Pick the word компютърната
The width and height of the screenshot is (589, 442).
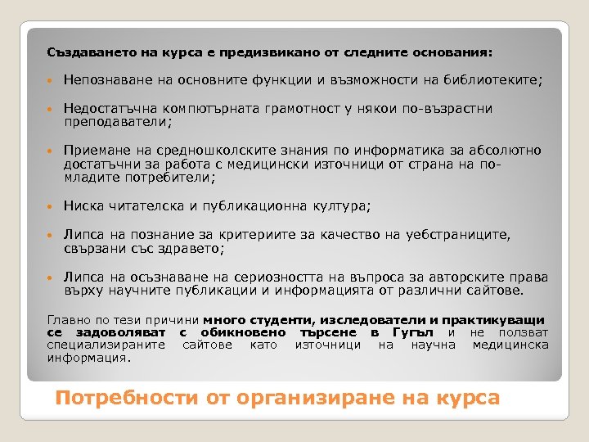pyautogui.click(x=208, y=109)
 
